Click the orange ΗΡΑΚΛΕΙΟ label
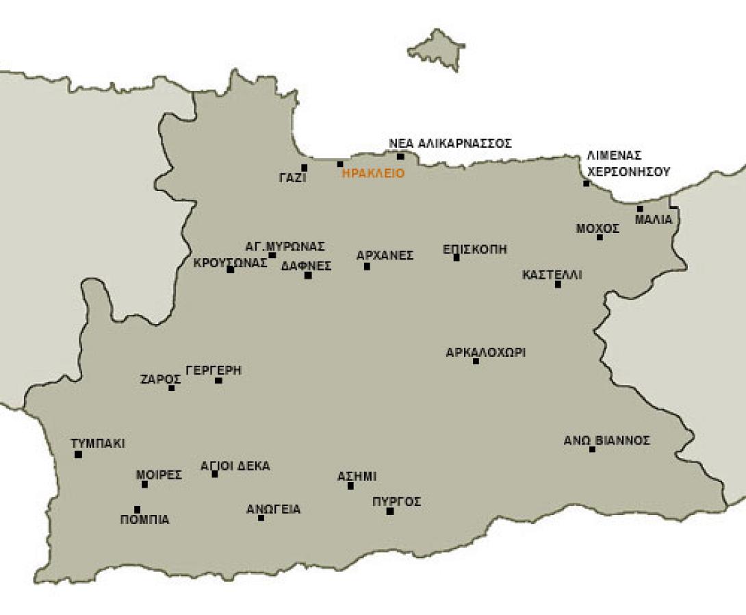pyautogui.click(x=373, y=173)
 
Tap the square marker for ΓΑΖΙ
pyautogui.click(x=305, y=167)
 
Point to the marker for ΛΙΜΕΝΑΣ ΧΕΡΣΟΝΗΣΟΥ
pyautogui.click(x=586, y=184)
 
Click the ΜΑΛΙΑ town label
pyautogui.click(x=654, y=220)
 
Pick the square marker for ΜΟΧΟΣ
pyautogui.click(x=600, y=238)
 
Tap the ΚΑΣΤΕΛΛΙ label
pyautogui.click(x=552, y=275)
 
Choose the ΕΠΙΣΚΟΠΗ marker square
pyautogui.click(x=456, y=258)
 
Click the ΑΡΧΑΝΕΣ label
pyautogui.click(x=385, y=256)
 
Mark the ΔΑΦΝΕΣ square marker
pyautogui.click(x=308, y=275)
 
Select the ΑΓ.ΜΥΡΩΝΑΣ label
pyautogui.click(x=285, y=246)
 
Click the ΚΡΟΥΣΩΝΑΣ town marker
pyautogui.click(x=230, y=270)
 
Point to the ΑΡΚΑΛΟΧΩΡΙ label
pyautogui.click(x=485, y=353)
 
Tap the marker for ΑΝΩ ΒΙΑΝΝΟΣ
pyautogui.click(x=592, y=449)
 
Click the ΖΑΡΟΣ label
pyautogui.click(x=160, y=379)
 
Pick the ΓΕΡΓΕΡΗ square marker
pyautogui.click(x=218, y=380)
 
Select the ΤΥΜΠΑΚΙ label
pyautogui.click(x=98, y=444)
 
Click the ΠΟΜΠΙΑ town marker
pyautogui.click(x=138, y=510)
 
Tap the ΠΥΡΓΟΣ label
pyautogui.click(x=396, y=502)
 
